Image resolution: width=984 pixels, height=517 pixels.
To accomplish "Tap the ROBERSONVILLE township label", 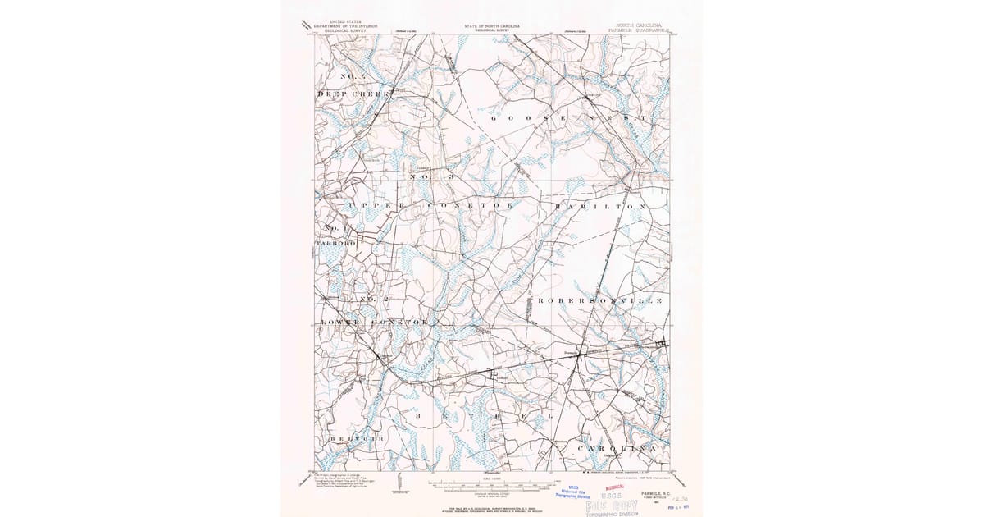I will (x=599, y=301).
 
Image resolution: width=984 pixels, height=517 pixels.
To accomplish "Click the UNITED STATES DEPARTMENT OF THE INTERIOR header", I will (x=344, y=26).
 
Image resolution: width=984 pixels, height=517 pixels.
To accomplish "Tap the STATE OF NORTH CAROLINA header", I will (x=492, y=26).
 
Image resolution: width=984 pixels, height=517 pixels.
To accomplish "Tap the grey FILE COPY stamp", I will (x=613, y=506).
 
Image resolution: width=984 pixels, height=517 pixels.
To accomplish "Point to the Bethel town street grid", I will (x=494, y=376).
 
